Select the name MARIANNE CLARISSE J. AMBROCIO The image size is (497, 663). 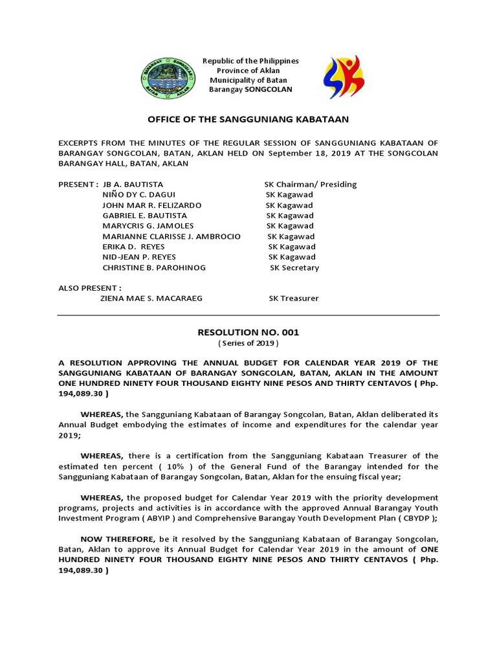(171, 236)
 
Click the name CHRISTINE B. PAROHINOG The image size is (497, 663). (154, 267)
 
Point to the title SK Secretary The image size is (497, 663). (294, 267)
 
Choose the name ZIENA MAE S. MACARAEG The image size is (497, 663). (151, 298)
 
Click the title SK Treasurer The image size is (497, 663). (294, 298)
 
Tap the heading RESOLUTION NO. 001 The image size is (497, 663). (248, 332)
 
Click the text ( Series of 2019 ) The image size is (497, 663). (248, 343)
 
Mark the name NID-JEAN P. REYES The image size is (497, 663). (139, 257)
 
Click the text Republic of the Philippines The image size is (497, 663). (250, 61)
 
